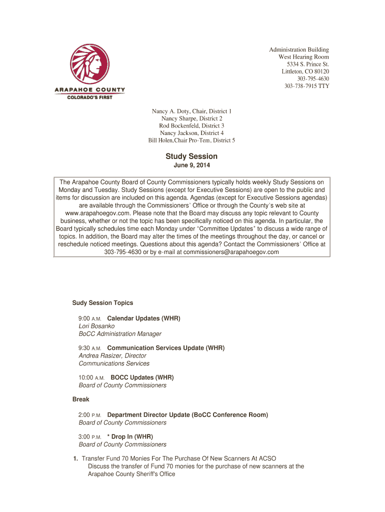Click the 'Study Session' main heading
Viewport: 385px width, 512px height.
click(191, 156)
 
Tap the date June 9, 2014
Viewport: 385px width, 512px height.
click(191, 165)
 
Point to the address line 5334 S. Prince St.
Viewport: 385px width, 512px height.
click(307, 64)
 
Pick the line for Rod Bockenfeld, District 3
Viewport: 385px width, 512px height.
click(191, 125)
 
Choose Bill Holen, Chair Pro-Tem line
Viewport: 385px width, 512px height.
click(191, 140)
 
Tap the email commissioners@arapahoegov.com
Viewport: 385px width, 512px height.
click(231, 252)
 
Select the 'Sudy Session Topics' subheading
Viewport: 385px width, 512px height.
click(102, 303)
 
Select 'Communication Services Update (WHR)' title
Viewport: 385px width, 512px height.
click(166, 348)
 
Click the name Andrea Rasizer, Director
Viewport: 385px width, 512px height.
click(112, 355)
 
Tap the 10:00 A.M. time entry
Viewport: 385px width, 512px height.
click(91, 377)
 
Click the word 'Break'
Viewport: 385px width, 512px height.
click(80, 399)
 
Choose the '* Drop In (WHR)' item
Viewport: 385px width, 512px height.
click(130, 436)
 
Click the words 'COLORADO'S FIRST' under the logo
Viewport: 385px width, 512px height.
click(90, 97)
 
